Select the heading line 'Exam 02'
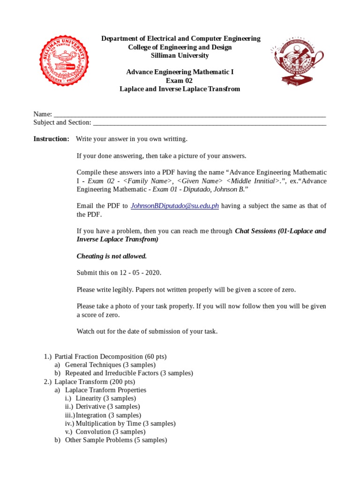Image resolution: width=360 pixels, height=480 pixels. point(180,81)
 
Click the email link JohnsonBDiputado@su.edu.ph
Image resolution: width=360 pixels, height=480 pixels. point(175,206)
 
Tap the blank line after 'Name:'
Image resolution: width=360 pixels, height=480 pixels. point(189,114)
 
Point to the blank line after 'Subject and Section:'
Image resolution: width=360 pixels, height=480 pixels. point(210,123)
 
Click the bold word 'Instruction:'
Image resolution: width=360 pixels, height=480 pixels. point(51,139)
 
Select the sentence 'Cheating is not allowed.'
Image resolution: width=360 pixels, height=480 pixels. point(112,256)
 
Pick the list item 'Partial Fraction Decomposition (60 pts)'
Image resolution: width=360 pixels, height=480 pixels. point(111,356)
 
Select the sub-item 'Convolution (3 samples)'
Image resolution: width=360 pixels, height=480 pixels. point(111,432)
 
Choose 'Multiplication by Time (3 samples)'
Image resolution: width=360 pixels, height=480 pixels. point(126,423)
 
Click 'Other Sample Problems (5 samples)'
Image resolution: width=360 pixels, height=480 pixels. point(116,440)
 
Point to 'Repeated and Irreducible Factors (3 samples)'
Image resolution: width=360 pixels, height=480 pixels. point(129,373)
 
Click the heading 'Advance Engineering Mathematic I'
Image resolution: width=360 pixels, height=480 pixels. point(180,72)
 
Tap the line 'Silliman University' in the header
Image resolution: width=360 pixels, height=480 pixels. point(180,55)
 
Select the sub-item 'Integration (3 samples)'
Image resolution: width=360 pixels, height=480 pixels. point(108,415)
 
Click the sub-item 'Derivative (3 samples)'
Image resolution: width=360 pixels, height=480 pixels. point(108,407)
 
